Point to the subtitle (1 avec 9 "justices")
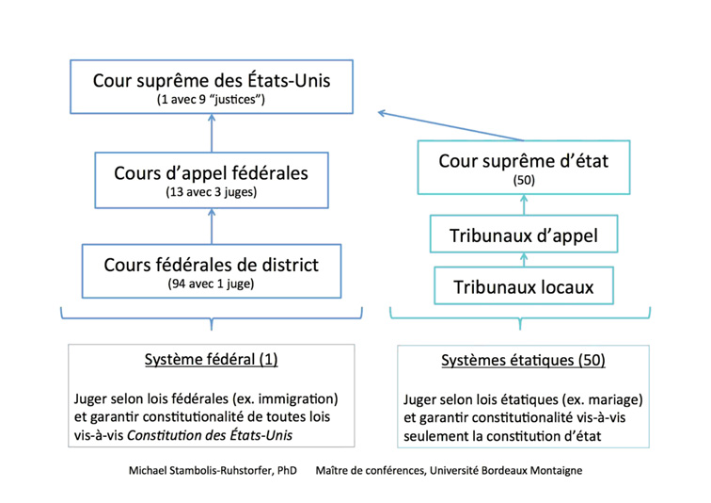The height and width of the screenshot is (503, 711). tap(211, 100)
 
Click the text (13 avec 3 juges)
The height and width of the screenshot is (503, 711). tap(212, 192)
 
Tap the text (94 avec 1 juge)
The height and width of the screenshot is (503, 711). tap(211, 284)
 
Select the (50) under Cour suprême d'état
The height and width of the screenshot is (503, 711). tap(524, 180)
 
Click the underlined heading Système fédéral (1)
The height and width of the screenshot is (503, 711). tap(212, 360)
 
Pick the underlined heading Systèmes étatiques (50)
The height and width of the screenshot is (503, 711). tap(523, 361)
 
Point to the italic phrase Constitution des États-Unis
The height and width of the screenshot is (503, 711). tap(210, 435)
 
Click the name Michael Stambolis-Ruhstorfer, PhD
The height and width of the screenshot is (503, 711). tap(213, 471)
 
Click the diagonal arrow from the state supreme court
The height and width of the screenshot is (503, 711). tap(450, 126)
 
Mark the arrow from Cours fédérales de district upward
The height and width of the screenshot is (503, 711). tap(212, 226)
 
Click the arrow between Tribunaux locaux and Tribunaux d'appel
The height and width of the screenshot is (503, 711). tap(524, 260)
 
